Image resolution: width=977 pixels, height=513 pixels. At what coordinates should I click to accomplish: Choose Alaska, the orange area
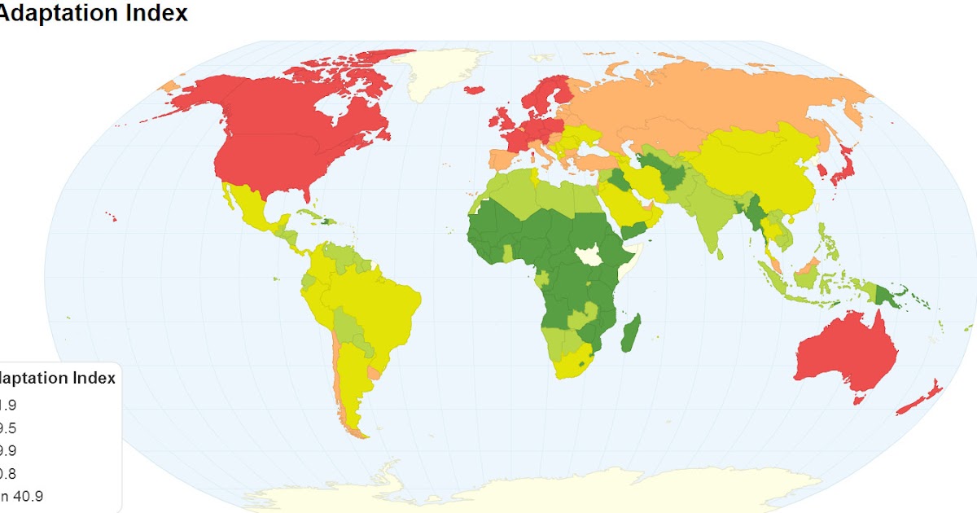pos(169,85)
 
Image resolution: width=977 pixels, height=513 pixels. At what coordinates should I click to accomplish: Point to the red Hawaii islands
pos(111,216)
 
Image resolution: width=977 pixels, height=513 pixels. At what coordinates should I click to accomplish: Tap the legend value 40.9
pos(24,495)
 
